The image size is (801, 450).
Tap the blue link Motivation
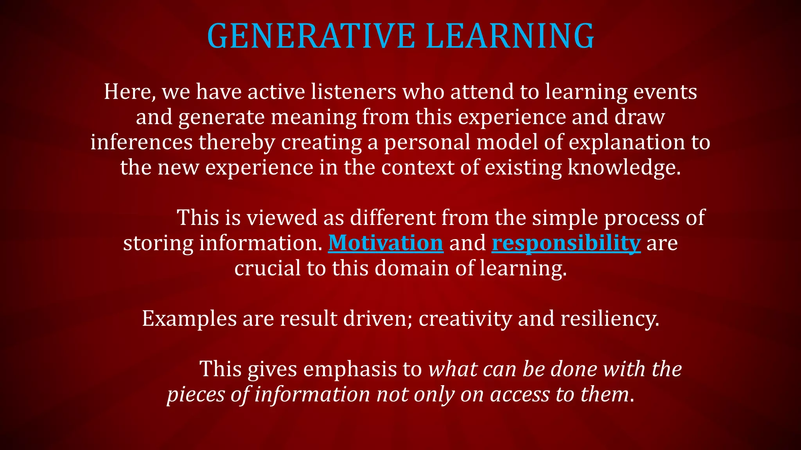point(385,243)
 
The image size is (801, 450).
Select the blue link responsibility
point(566,243)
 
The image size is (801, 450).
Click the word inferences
point(141,142)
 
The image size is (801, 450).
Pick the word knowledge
point(624,167)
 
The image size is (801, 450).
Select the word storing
point(158,243)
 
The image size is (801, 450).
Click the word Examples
point(189,319)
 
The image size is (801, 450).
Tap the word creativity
point(465,319)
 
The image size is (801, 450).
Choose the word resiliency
point(610,319)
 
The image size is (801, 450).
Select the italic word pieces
point(196,395)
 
